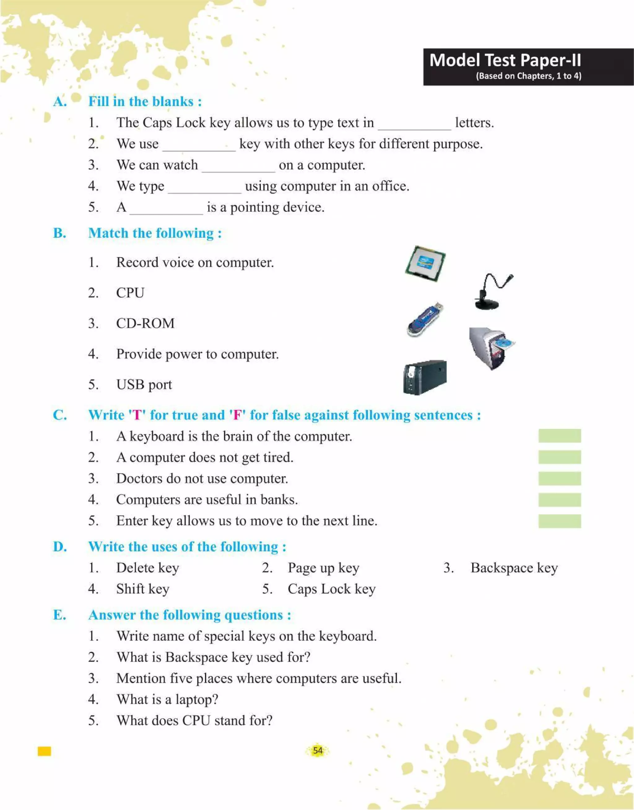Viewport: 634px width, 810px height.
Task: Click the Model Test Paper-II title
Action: [505, 60]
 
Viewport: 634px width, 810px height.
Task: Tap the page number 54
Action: [318, 750]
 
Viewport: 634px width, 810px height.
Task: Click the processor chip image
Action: [425, 263]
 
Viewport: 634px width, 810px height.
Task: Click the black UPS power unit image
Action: [425, 377]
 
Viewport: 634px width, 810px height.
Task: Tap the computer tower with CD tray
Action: [491, 348]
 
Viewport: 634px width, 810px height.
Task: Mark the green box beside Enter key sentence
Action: [559, 521]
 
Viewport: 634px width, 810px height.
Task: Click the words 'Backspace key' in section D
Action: [514, 568]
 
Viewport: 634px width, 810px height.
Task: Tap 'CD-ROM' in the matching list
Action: [145, 323]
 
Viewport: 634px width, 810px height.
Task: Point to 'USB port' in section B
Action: [144, 384]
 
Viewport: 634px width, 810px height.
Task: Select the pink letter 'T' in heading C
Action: [137, 415]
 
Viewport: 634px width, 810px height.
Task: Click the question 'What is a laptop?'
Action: [167, 699]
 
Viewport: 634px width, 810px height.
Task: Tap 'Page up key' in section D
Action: [323, 568]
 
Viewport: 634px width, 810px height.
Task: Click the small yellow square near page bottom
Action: [44, 751]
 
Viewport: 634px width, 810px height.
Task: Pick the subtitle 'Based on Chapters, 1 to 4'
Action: [528, 76]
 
